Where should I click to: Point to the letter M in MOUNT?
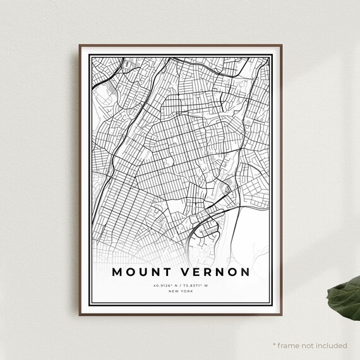(x=118, y=273)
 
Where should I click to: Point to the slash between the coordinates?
(x=180, y=285)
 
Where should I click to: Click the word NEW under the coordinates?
(x=173, y=291)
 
